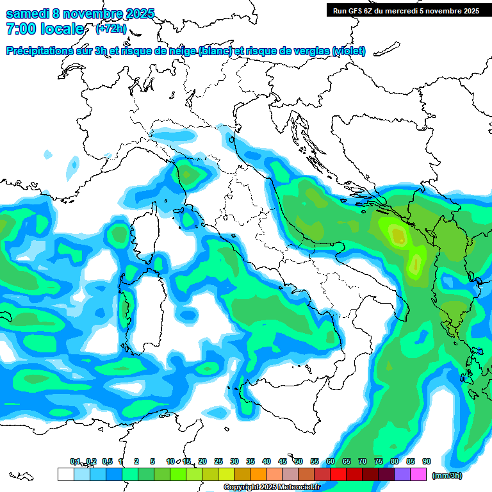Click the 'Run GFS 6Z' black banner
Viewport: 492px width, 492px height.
[x=406, y=10]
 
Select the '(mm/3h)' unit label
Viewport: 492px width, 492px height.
[x=447, y=475]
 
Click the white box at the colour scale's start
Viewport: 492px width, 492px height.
[x=65, y=475]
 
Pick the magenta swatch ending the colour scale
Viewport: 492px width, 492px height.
[x=419, y=475]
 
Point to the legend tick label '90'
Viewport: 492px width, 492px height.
[x=427, y=461]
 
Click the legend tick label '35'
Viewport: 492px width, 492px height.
[x=250, y=461]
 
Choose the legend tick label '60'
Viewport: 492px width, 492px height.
[x=331, y=461]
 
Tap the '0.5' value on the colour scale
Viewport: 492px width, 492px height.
[x=106, y=461]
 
